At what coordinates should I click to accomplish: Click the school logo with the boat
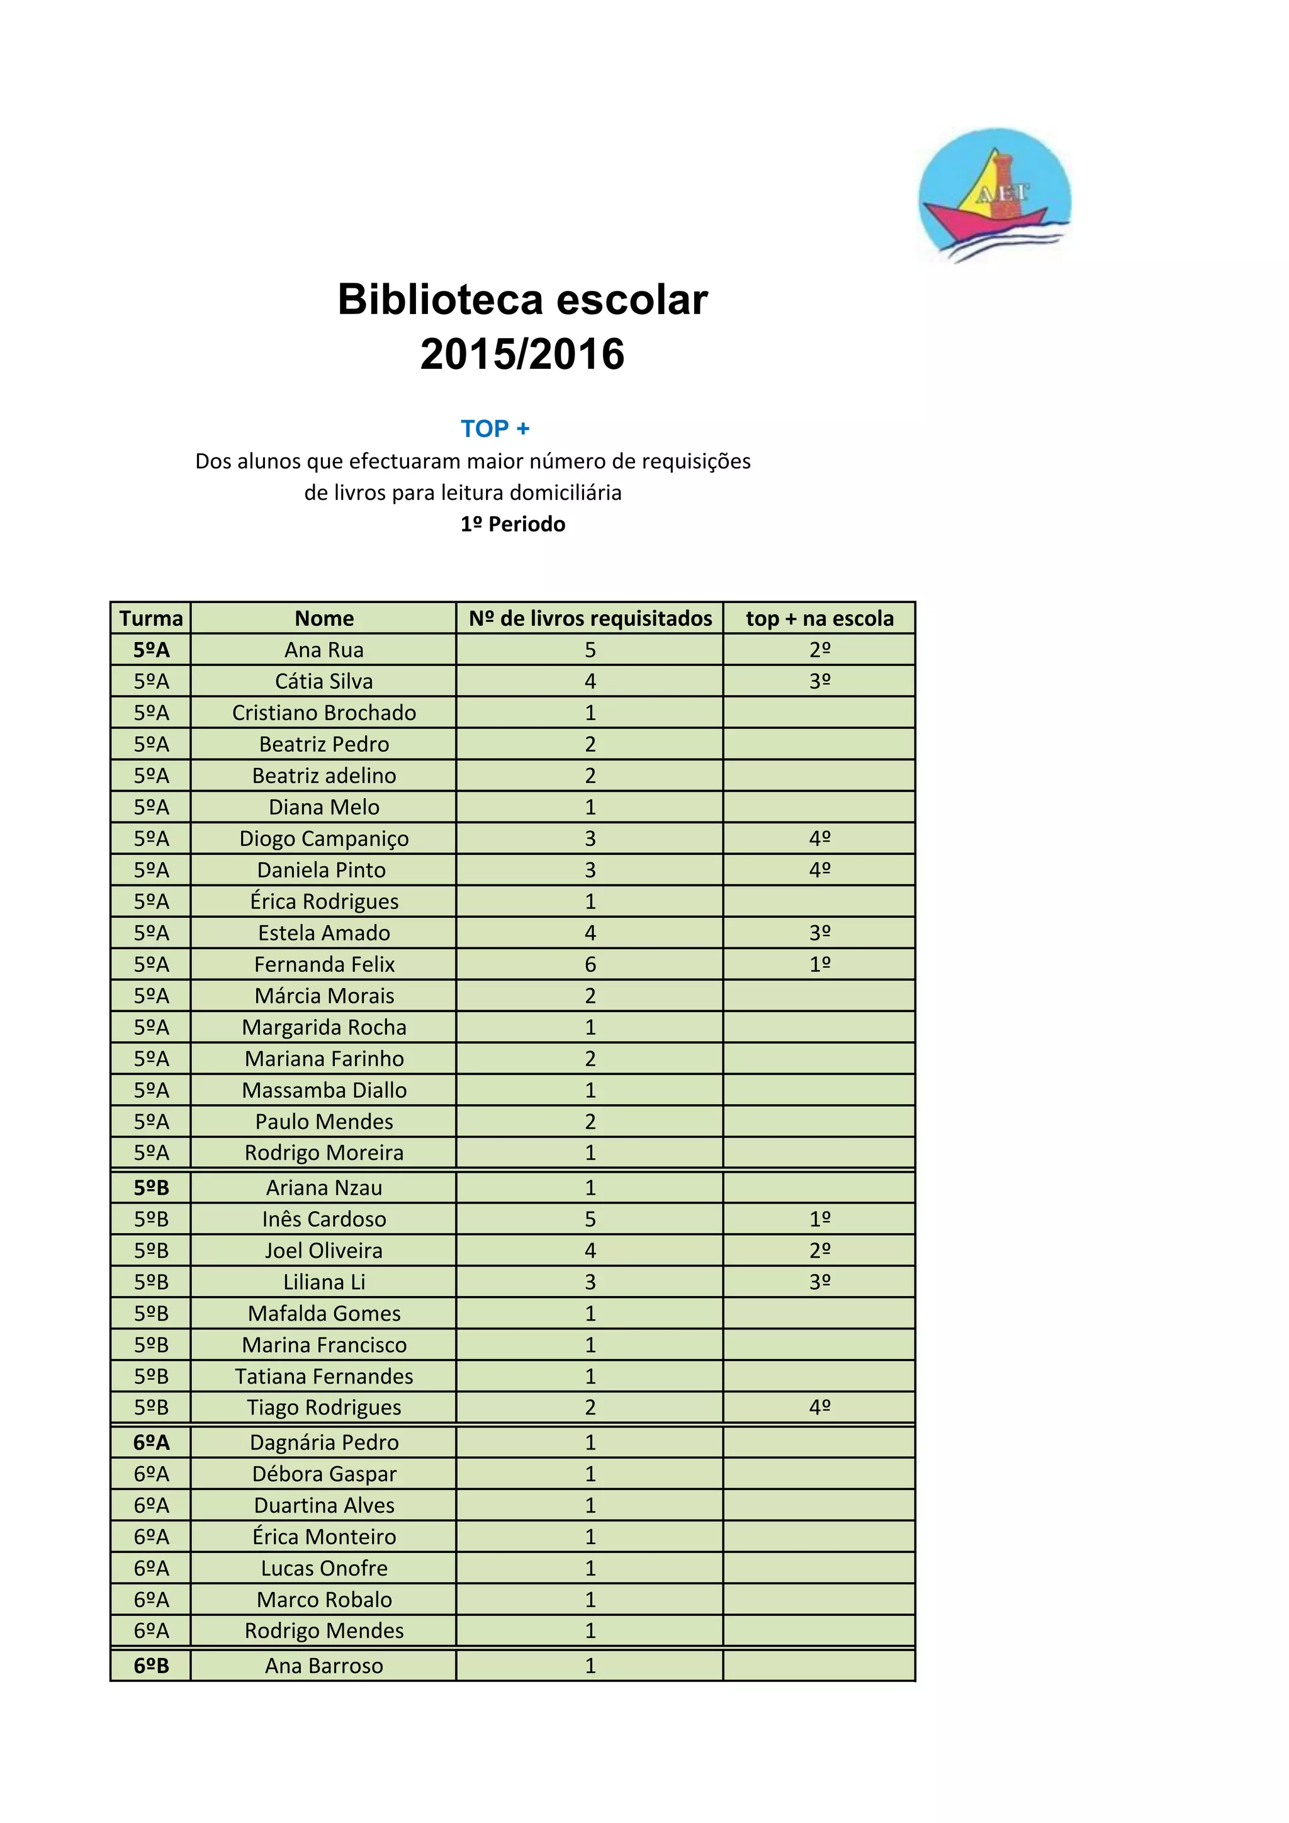tap(994, 195)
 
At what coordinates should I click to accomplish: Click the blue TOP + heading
tap(495, 429)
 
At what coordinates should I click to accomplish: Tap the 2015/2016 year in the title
tap(522, 354)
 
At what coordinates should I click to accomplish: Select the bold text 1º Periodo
tap(513, 524)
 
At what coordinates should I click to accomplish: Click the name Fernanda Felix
tap(324, 964)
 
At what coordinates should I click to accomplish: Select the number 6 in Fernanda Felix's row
tap(590, 964)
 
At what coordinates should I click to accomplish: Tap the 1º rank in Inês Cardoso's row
tap(819, 1219)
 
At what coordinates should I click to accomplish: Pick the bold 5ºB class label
tap(151, 1188)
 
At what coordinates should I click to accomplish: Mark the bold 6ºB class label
tap(151, 1666)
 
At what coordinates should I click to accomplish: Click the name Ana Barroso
tap(324, 1666)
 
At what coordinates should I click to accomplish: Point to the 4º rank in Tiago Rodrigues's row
tap(819, 1407)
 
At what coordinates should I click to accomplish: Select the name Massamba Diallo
tap(324, 1090)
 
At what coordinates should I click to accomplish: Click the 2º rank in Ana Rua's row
tap(819, 650)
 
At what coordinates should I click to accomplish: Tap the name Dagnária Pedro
tap(324, 1442)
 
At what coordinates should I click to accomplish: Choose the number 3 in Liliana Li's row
tap(590, 1282)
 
